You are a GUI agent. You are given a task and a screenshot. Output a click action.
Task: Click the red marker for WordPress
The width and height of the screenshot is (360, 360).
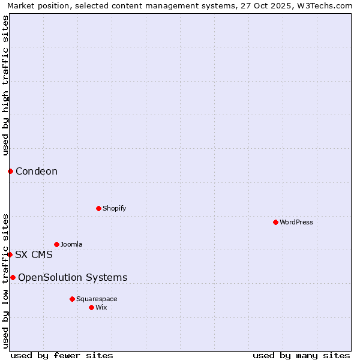tap(275, 222)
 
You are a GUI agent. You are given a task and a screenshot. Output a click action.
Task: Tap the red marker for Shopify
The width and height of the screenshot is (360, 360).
tap(98, 208)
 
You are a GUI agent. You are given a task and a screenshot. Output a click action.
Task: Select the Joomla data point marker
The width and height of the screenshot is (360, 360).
tap(56, 244)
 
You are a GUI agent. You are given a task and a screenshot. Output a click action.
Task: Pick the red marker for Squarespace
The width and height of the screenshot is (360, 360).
tap(72, 299)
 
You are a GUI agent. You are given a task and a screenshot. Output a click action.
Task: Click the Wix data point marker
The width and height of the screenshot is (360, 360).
tap(91, 307)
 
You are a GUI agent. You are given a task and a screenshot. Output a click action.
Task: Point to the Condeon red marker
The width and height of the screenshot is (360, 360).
tap(10, 172)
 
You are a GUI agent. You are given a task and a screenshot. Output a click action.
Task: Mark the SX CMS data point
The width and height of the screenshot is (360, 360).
tap(10, 254)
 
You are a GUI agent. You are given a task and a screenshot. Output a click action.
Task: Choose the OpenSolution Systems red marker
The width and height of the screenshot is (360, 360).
tap(13, 277)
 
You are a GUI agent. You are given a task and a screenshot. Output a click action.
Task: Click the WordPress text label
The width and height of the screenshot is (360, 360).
tap(296, 222)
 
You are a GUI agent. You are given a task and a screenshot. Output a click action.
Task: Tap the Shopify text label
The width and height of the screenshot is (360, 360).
tap(114, 208)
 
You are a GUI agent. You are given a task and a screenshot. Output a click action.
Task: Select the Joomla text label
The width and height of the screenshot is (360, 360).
tap(71, 244)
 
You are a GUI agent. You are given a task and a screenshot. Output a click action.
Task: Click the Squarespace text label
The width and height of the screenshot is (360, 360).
tap(97, 299)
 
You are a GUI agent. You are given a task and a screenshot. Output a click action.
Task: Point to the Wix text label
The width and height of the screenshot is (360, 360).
tap(101, 307)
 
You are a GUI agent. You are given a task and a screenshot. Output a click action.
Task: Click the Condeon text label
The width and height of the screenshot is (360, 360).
tap(37, 172)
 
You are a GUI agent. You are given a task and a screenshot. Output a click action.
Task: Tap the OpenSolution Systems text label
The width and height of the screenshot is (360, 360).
tap(73, 277)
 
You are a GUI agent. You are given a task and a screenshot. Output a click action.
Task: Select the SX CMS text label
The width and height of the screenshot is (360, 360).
tap(34, 254)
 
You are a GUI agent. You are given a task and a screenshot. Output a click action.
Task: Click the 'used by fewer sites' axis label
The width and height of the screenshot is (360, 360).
tap(62, 355)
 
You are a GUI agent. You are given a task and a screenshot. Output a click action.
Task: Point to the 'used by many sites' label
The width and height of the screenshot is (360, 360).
tap(301, 355)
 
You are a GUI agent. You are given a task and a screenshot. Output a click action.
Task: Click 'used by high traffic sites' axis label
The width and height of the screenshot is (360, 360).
tap(5, 85)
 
